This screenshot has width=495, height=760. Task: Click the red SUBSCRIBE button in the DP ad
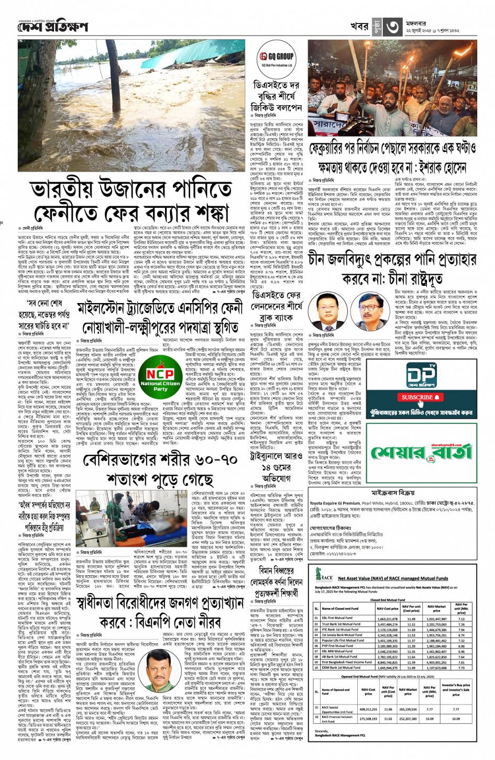[417, 397]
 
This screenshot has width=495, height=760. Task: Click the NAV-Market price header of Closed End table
[436, 608]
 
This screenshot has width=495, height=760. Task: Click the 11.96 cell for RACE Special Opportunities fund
[388, 709]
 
